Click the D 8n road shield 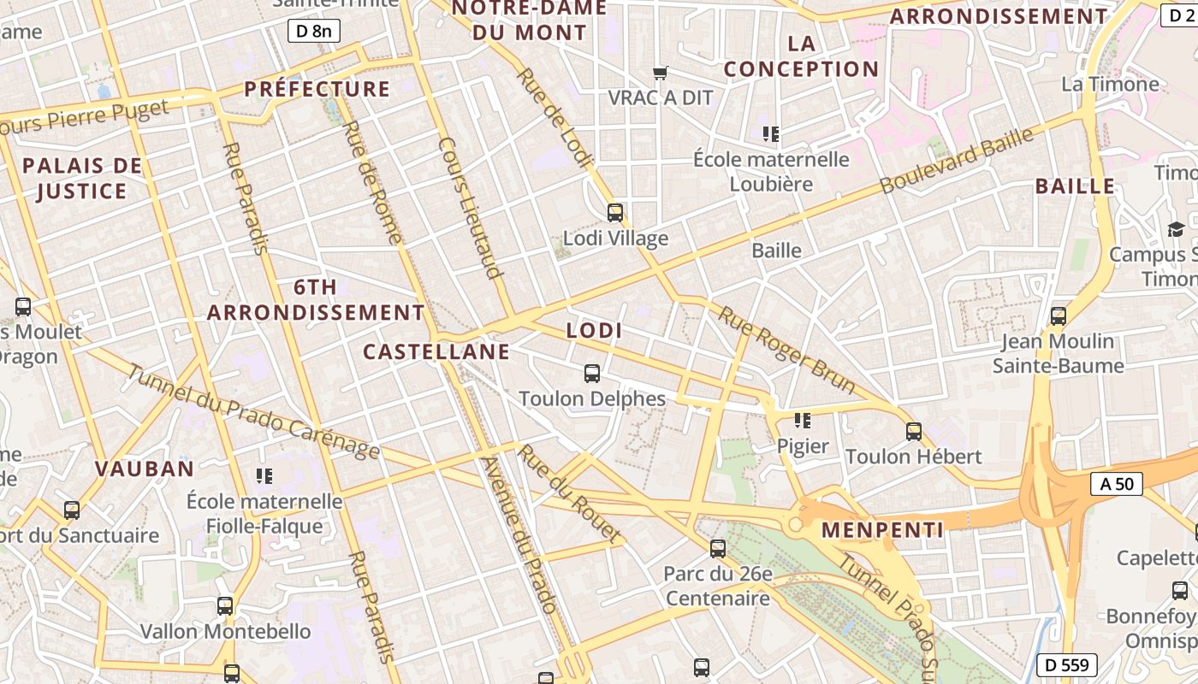point(314,32)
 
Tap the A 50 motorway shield point(1117,484)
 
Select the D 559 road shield point(1067,664)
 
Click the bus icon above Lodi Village point(615,212)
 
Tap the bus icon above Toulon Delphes point(592,373)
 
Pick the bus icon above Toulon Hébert point(914,431)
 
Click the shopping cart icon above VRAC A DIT point(660,73)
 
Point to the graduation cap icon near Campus point(1176,229)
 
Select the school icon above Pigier point(802,420)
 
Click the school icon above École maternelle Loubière point(771,133)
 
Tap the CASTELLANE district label point(436,351)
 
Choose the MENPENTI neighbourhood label point(882,530)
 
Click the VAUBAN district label point(145,469)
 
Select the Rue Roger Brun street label point(786,350)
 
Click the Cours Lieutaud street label point(469,208)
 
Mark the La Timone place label point(1110,84)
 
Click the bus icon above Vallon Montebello point(225,606)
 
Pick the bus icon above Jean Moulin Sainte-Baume point(1059,315)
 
